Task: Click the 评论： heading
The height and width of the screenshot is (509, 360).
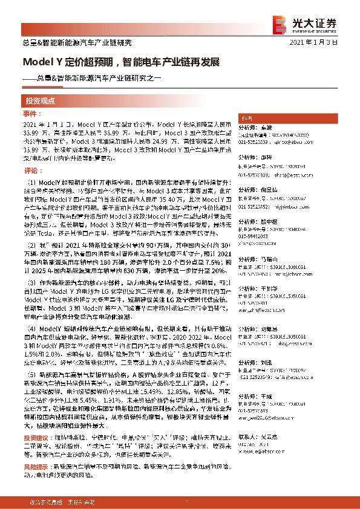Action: pos(30,171)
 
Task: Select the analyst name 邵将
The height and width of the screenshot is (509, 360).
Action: pos(266,154)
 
